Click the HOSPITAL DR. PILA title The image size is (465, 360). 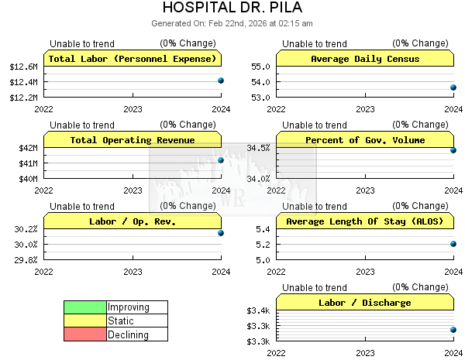[232, 9]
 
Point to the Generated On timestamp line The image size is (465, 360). [232, 23]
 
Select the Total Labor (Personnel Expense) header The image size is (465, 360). [133, 59]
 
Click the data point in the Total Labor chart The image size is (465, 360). [221, 81]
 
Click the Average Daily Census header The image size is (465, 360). [365, 59]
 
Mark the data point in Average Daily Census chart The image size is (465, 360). [453, 87]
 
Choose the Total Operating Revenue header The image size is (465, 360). [133, 140]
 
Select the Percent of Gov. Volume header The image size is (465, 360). [365, 140]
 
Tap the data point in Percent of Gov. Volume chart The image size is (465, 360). [453, 150]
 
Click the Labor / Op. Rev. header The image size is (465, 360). [133, 221]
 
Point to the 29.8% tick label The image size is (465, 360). [26, 259]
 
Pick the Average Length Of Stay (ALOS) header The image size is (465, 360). [365, 221]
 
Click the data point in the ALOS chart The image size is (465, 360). [453, 244]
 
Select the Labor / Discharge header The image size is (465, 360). [365, 303]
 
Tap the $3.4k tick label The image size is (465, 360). [258, 310]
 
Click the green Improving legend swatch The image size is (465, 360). [84, 307]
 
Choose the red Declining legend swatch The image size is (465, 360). [84, 334]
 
